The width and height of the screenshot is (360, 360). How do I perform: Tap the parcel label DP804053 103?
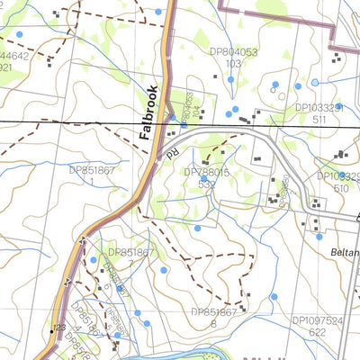click(233, 58)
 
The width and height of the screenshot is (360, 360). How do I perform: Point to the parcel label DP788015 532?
click(206, 176)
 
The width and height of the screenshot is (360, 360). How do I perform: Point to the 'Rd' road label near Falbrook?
click(172, 155)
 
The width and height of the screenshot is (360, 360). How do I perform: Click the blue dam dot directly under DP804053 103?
click(230, 80)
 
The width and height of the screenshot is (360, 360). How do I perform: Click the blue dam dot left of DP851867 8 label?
click(137, 313)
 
